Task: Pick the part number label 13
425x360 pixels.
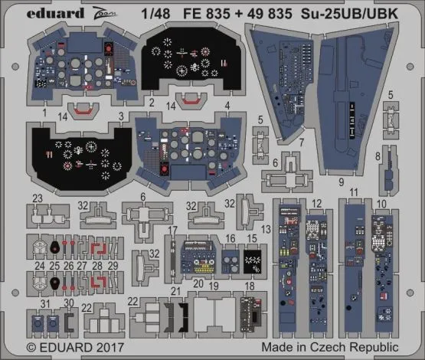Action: [x=266, y=229]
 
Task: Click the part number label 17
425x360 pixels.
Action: [x=173, y=230]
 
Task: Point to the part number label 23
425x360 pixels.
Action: [x=37, y=198]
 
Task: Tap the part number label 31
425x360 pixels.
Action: [x=46, y=305]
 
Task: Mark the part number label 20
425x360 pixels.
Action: [x=198, y=283]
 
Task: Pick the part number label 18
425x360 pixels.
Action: [x=249, y=286]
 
